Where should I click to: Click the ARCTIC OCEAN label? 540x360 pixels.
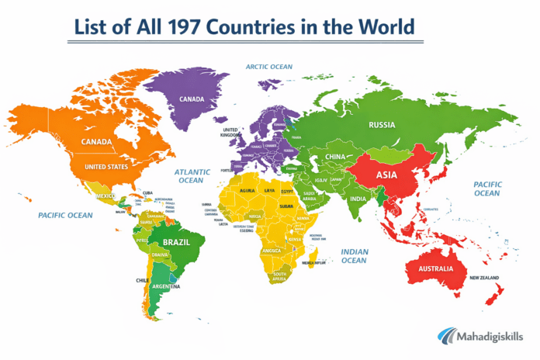click(x=269, y=67)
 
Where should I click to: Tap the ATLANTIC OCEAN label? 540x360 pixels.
click(x=191, y=175)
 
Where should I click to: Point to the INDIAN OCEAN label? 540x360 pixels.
click(x=354, y=255)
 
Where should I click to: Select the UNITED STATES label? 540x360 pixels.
click(x=106, y=167)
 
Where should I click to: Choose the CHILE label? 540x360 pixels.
click(x=142, y=280)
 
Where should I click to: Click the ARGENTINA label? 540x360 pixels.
click(x=165, y=286)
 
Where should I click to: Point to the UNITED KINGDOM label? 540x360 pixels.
click(x=230, y=133)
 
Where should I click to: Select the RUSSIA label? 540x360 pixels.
click(x=382, y=125)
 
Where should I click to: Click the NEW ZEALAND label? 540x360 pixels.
click(x=483, y=277)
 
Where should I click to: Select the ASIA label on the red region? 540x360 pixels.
click(x=386, y=175)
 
